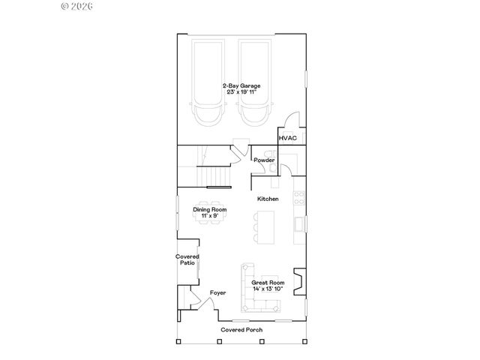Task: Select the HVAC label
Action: pos(288,138)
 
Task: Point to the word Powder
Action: pos(263,160)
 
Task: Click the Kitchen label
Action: pos(268,199)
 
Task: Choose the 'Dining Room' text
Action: pos(210,209)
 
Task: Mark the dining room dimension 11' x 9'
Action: pos(210,216)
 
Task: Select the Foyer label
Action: pos(217,292)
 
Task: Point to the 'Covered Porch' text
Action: pos(240,330)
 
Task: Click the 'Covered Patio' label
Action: pos(186,259)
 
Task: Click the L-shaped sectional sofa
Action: pos(250,292)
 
